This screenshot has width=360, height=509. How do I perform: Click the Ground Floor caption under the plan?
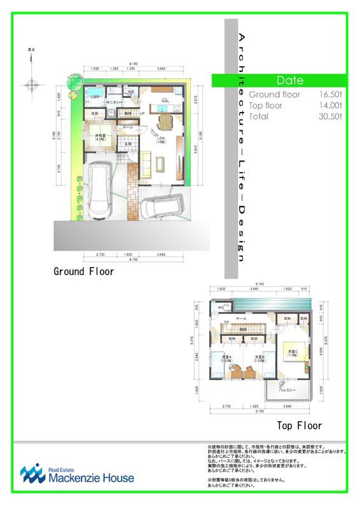(84, 272)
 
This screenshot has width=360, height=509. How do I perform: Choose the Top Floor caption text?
(299, 426)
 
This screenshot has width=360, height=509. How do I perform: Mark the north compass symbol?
(31, 83)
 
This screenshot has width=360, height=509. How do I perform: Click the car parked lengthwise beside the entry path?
(99, 188)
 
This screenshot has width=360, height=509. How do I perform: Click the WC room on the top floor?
(221, 308)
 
